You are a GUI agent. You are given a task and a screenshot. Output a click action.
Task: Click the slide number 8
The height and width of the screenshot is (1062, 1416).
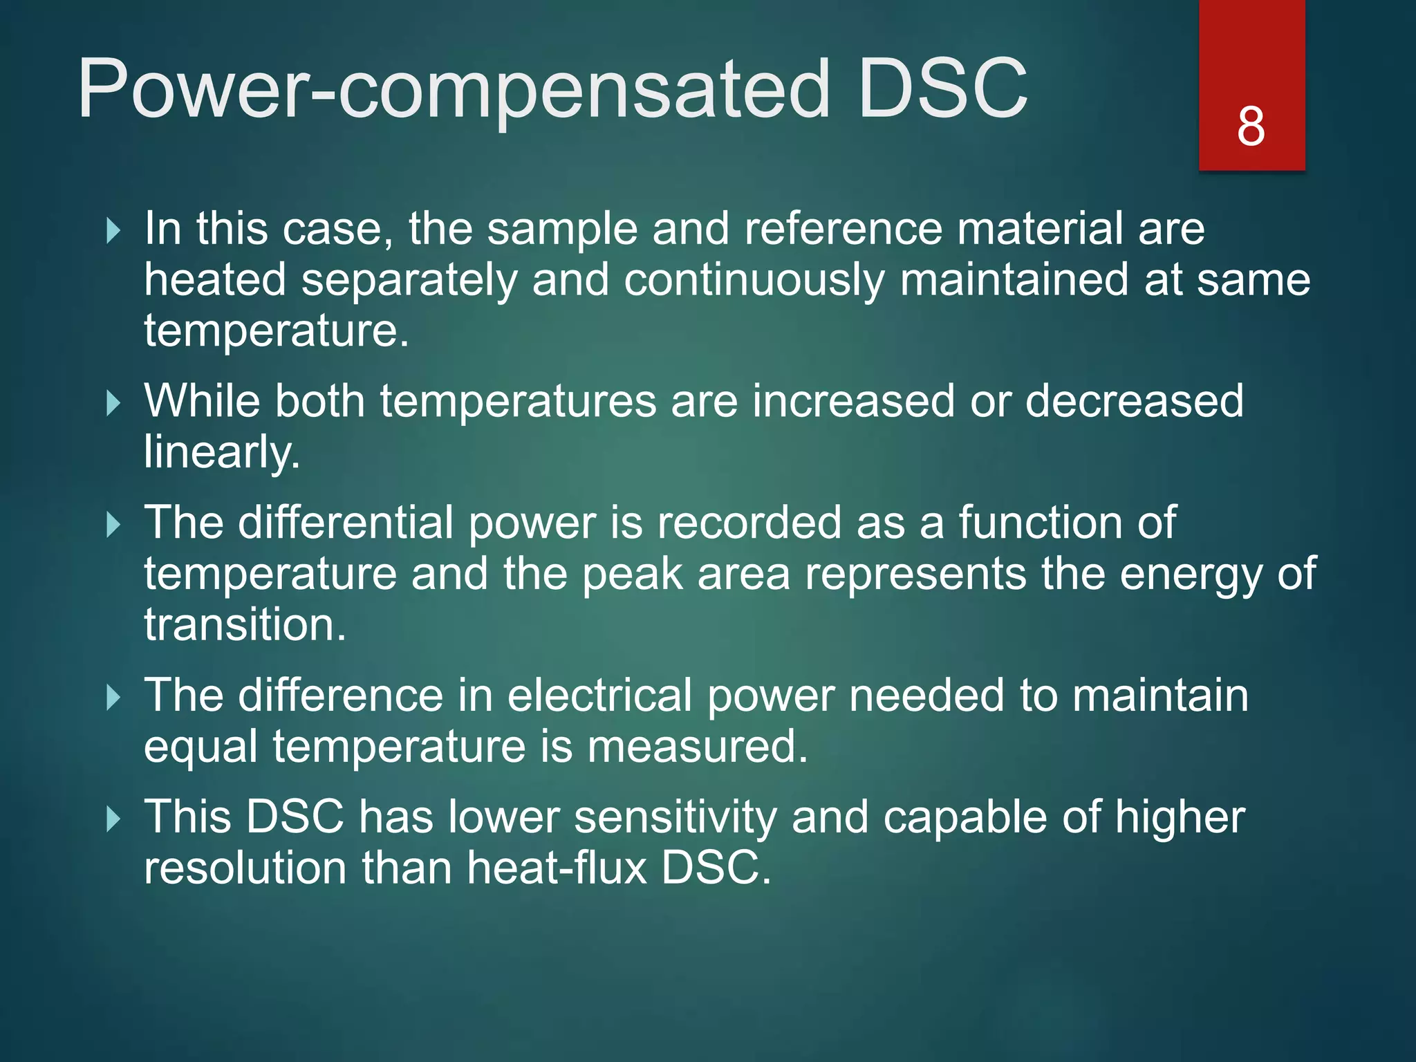click(x=1251, y=127)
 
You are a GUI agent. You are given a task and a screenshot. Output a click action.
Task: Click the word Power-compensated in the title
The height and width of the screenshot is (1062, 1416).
click(x=453, y=90)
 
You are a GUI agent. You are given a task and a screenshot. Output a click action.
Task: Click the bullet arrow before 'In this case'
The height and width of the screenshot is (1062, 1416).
click(x=113, y=230)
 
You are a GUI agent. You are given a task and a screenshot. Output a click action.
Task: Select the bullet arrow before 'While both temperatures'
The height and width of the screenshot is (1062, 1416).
click(x=113, y=402)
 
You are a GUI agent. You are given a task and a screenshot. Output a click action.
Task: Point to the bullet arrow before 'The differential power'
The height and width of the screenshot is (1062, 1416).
click(x=113, y=524)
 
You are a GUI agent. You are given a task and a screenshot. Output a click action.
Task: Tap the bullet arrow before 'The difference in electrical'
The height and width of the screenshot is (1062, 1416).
click(x=113, y=697)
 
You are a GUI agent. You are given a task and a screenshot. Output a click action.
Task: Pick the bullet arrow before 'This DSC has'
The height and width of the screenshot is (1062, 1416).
click(x=113, y=819)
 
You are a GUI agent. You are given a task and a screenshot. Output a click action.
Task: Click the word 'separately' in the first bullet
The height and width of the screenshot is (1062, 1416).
click(x=409, y=281)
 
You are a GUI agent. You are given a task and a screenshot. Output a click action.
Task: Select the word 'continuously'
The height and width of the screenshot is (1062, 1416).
click(x=754, y=281)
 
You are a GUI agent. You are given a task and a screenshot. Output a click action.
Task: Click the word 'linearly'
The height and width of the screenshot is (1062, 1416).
click(x=221, y=453)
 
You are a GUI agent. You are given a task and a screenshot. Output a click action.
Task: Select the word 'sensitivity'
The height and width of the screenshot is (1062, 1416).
click(x=675, y=817)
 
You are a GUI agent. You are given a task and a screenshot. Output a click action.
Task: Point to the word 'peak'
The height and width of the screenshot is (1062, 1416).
click(x=632, y=575)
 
